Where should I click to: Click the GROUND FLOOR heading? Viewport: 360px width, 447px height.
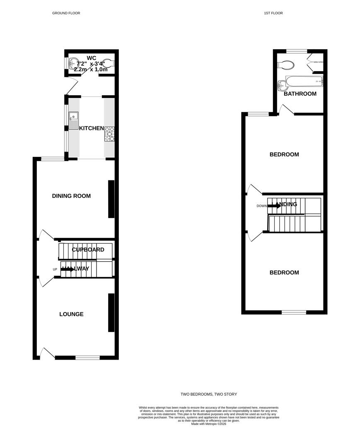click(x=66, y=13)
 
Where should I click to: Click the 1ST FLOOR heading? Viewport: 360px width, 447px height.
click(x=273, y=13)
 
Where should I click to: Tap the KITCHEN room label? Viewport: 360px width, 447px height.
click(x=91, y=128)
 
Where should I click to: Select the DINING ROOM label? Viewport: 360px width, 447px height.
click(x=71, y=196)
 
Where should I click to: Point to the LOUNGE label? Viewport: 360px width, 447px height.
click(x=71, y=314)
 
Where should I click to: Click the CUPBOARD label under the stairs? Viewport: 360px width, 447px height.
click(x=88, y=250)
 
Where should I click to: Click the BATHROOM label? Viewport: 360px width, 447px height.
click(x=300, y=94)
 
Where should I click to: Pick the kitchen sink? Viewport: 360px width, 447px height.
click(x=73, y=120)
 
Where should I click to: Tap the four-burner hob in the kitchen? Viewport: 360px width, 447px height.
click(x=110, y=134)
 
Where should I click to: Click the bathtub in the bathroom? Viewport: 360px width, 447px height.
click(x=303, y=81)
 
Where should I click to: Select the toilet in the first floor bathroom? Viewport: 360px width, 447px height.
click(x=286, y=65)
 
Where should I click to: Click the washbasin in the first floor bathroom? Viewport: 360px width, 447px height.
click(x=282, y=85)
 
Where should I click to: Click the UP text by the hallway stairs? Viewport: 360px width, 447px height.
click(x=55, y=269)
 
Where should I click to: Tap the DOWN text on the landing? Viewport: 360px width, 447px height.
click(x=261, y=206)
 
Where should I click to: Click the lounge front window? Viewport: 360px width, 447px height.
click(x=87, y=358)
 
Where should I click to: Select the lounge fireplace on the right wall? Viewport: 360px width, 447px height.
click(x=111, y=312)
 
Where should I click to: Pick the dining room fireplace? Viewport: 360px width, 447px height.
click(x=111, y=199)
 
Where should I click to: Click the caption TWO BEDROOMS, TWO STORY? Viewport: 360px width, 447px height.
click(x=209, y=394)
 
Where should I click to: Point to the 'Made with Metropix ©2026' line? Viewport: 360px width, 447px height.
click(x=209, y=424)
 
